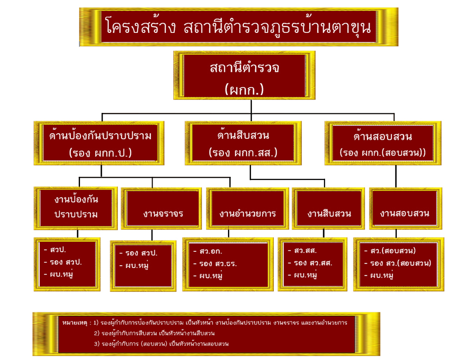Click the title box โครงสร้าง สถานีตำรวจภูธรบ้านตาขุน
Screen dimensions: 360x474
[x=238, y=27]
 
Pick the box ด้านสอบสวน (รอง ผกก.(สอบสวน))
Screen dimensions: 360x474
[x=382, y=143]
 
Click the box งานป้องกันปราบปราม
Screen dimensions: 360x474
[x=76, y=207]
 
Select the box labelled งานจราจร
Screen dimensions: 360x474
[x=163, y=214]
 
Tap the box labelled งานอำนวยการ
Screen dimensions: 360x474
[x=247, y=214]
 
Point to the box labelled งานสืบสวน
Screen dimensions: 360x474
[x=329, y=214]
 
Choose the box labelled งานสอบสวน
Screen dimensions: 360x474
[x=405, y=213]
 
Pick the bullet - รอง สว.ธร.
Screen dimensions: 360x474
[x=219, y=264]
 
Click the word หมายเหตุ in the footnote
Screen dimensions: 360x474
[x=76, y=322]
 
